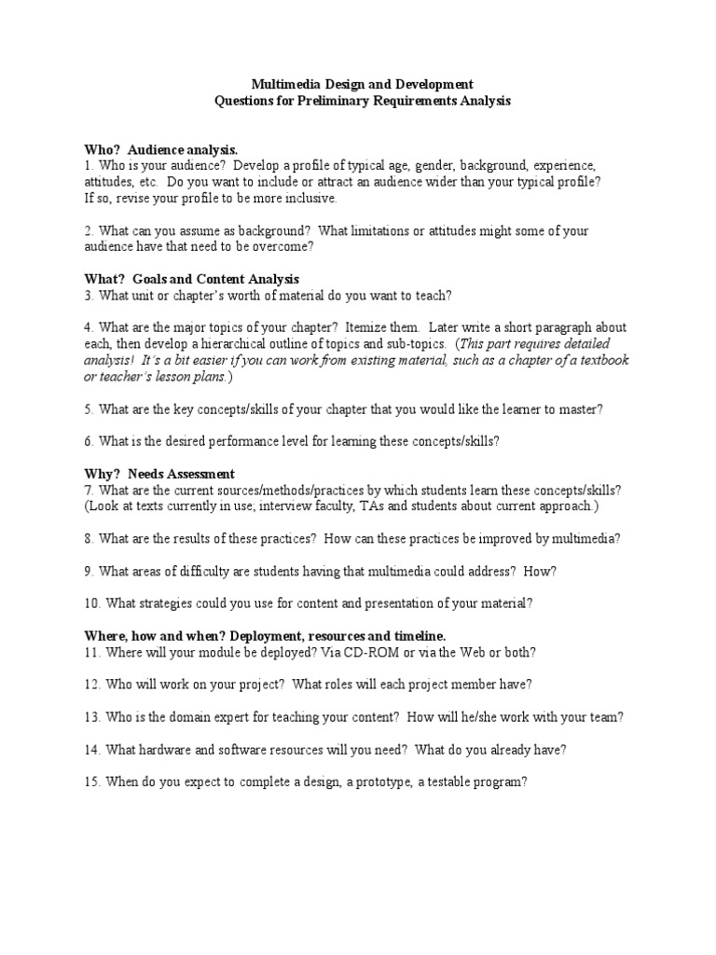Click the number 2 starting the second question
(x=87, y=230)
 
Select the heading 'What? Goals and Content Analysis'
(x=191, y=279)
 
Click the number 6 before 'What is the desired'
(x=87, y=441)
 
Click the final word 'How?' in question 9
(x=540, y=570)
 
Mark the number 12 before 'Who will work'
(x=91, y=684)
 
